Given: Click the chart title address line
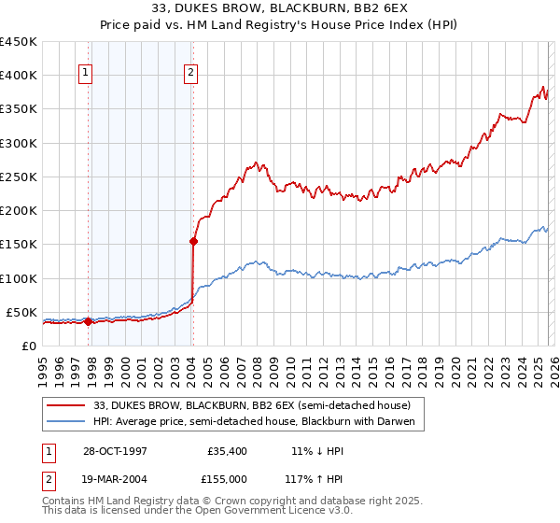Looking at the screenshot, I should coord(279,10).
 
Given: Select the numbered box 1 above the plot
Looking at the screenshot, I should coord(85,73).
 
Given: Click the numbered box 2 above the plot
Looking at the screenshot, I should coord(190,73).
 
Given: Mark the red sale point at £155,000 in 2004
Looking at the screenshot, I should coord(193,241).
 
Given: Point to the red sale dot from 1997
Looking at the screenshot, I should coord(89,322).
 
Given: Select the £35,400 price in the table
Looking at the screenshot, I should coord(229,450).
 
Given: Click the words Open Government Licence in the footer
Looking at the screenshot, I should coord(281,512).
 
